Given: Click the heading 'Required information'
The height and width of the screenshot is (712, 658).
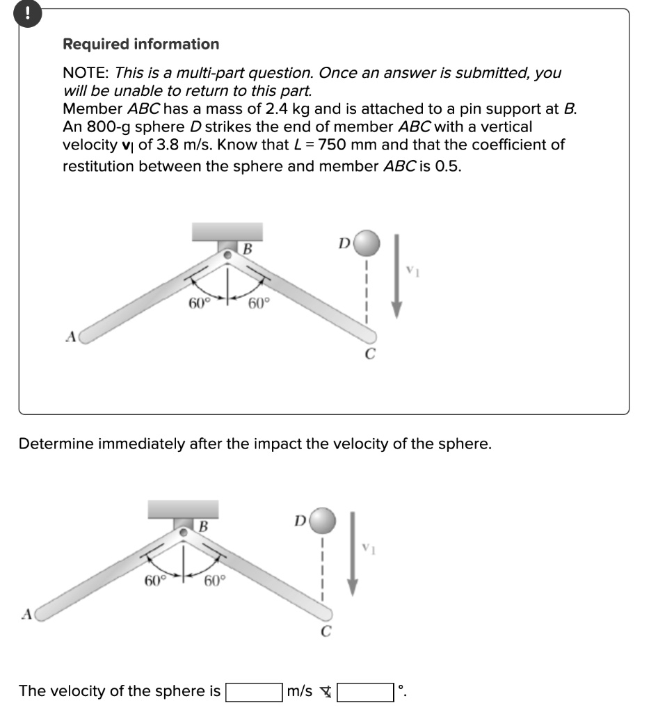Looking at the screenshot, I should (141, 44).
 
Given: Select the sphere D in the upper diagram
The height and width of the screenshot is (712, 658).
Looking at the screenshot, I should (368, 243).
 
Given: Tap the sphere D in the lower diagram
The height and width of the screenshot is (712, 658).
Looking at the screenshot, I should (323, 519).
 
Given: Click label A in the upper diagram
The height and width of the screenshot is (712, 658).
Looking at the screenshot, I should (70, 337).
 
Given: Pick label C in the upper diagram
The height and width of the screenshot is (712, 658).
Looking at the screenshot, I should (370, 355).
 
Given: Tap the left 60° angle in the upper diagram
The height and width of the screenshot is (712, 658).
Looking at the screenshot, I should (198, 303).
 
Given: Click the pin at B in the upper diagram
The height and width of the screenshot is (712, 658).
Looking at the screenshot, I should (227, 256).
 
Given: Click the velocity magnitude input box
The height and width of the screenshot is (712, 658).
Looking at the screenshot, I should (253, 691).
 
